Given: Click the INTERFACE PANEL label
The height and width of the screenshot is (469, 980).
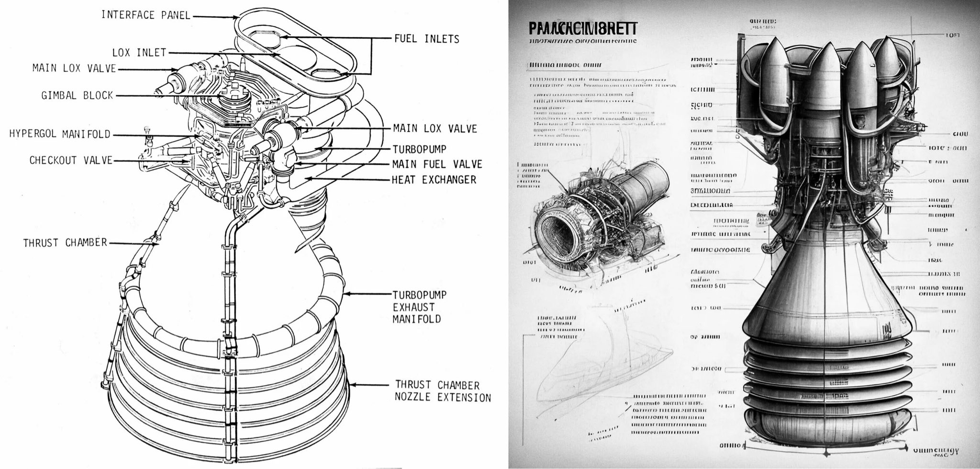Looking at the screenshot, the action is [x=145, y=15].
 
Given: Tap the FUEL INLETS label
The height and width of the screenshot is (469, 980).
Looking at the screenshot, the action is [x=426, y=39].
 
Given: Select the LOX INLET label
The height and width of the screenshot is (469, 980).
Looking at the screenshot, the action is [x=139, y=52].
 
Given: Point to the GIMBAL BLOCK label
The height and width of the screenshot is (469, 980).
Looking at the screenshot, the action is [x=77, y=95].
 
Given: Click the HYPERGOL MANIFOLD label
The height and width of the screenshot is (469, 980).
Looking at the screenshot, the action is [x=59, y=134].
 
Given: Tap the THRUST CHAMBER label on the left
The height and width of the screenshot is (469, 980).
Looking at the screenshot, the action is [x=65, y=243].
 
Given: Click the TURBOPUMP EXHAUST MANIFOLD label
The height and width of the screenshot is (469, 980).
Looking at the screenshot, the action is [x=420, y=307].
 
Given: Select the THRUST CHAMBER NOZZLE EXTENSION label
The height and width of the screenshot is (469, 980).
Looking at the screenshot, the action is [x=443, y=391].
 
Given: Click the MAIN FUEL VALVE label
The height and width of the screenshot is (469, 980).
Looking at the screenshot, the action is [x=437, y=164].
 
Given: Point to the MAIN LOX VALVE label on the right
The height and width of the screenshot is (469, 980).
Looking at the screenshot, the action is [x=434, y=128].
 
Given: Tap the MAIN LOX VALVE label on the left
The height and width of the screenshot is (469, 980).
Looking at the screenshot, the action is [x=74, y=69].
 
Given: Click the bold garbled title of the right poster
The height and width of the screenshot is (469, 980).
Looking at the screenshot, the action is [x=582, y=28].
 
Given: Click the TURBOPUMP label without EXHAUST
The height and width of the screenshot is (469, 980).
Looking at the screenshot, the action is [x=419, y=149].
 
